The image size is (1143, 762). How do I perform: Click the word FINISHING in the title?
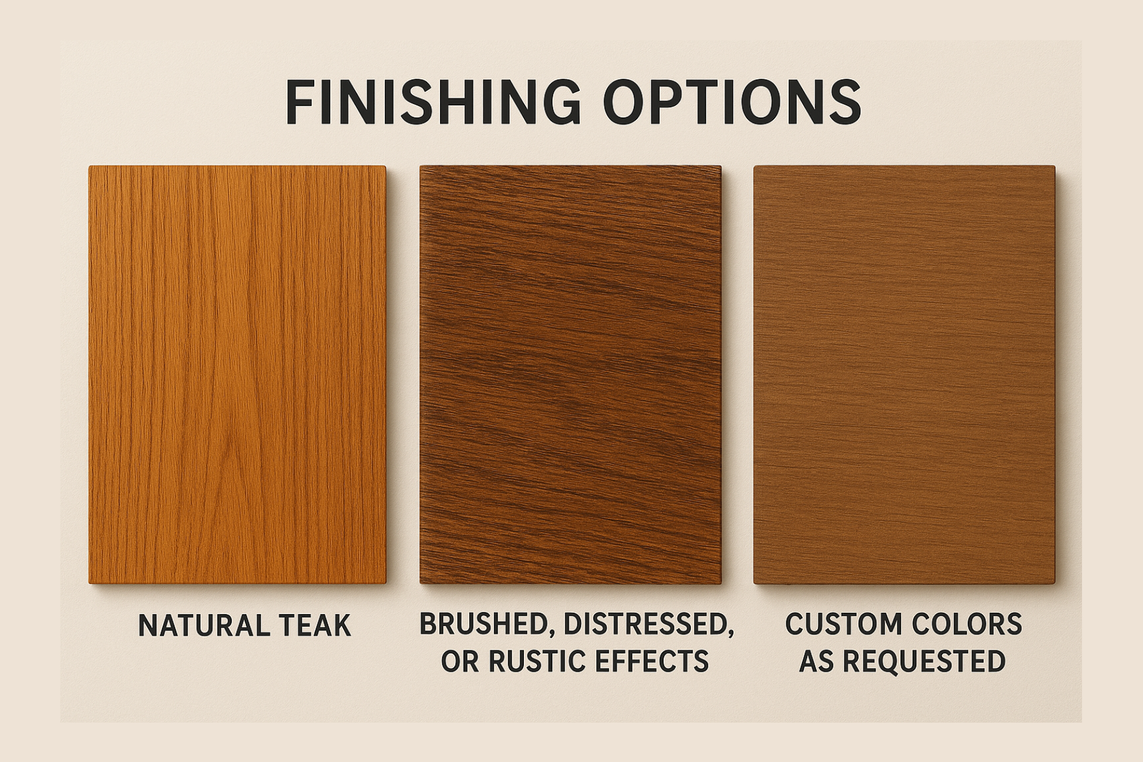[432, 102]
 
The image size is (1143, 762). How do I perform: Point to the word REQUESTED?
[925, 662]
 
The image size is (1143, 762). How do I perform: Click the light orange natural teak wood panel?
[237, 375]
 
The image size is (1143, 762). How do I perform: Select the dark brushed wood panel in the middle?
[570, 375]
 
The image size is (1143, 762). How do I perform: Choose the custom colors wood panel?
[904, 375]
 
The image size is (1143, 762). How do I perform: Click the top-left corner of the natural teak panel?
[90, 168]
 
